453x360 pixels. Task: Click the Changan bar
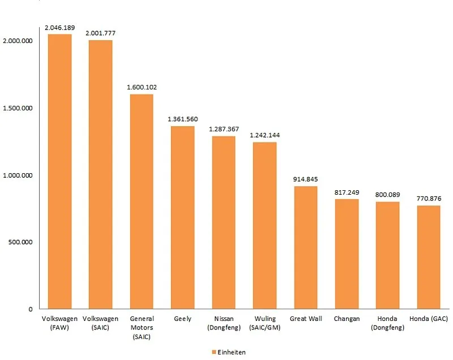[347, 254]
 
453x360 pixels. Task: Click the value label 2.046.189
[59, 27]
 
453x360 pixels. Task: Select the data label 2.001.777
[100, 33]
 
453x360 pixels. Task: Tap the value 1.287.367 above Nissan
[224, 129]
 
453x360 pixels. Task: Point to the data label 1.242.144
[264, 135]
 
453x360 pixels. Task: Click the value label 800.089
[387, 194]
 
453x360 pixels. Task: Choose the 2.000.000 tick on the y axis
[18, 41]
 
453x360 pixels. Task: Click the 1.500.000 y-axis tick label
[18, 108]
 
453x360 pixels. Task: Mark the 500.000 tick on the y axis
[20, 242]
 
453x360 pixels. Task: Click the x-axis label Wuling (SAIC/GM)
[264, 323]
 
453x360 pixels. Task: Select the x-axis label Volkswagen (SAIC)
[100, 323]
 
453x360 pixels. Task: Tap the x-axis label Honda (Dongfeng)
[387, 323]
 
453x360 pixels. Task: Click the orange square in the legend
[213, 352]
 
